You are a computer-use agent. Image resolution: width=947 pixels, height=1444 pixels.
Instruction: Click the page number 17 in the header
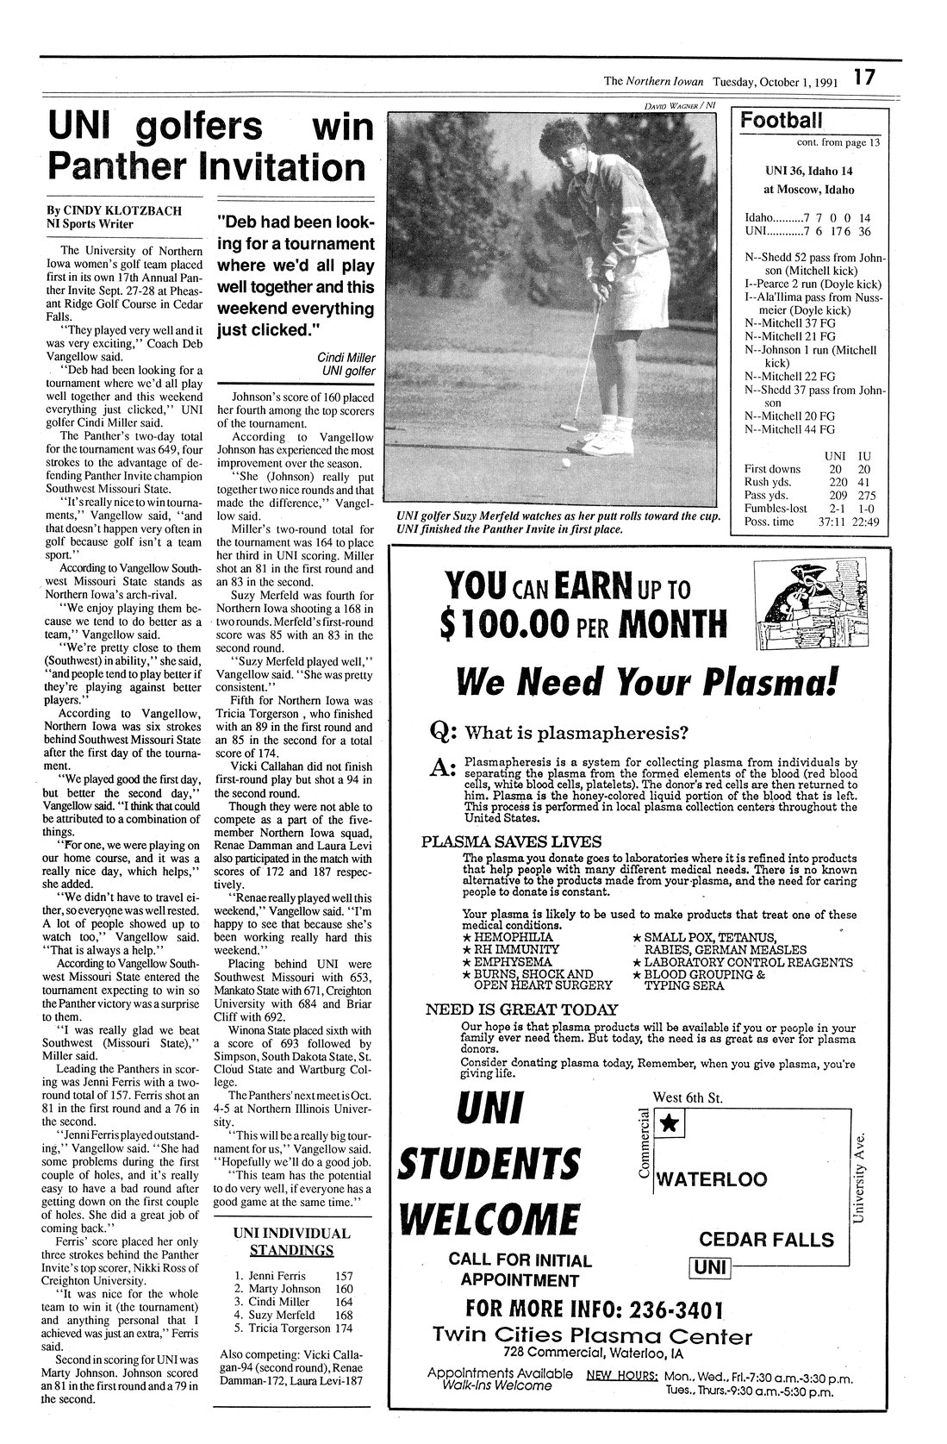point(864,77)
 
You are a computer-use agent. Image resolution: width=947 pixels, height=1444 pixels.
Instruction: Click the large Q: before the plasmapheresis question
point(442,734)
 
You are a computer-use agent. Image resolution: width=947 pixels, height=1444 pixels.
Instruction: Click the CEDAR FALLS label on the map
point(766,1240)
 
